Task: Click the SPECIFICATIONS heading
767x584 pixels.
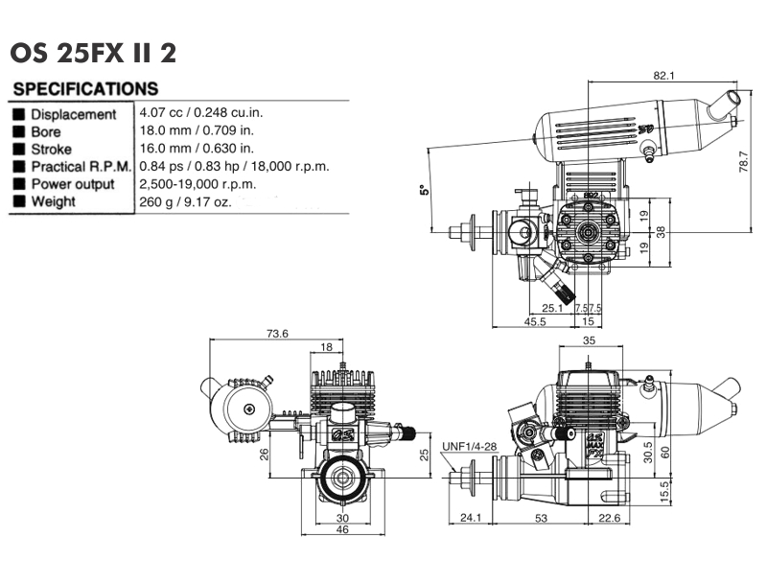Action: coord(85,89)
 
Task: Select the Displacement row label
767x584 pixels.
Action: coord(73,114)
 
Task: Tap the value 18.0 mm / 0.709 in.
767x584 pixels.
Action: coord(197,130)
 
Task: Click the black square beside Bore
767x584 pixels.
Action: coord(18,131)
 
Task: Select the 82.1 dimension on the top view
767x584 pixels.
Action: coord(664,75)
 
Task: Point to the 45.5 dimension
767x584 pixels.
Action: coord(536,323)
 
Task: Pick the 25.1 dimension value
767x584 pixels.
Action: coord(552,308)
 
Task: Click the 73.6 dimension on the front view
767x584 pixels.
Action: coord(278,334)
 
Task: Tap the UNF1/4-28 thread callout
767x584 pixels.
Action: coord(470,447)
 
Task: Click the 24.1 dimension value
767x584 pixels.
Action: coord(469,519)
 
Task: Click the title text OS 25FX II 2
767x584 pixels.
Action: coord(93,52)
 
